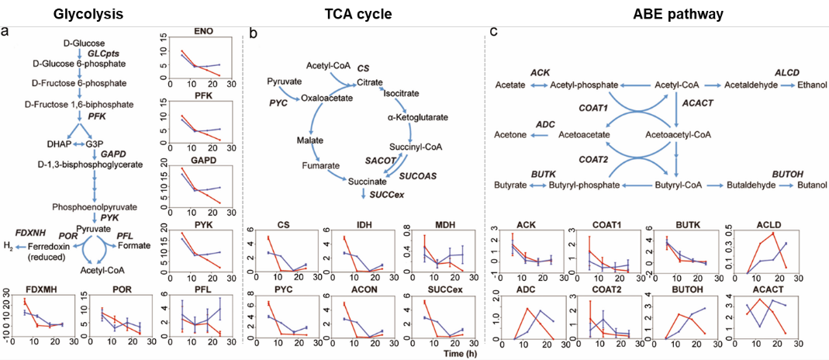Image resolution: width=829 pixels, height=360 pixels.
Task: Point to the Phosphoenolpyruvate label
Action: pos(94,207)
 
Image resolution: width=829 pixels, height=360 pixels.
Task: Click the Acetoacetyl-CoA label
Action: pos(679,134)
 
